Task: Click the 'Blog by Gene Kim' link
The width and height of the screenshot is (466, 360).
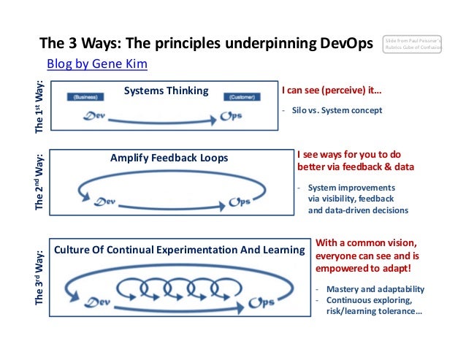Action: coord(97,64)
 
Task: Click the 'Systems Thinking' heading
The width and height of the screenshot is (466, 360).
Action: coord(166,91)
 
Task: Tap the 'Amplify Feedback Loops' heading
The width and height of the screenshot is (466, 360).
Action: coord(169,158)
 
